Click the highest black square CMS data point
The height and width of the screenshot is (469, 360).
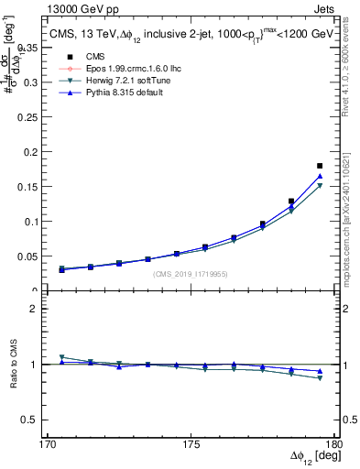point(320,166)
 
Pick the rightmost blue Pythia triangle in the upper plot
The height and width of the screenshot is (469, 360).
point(320,176)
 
